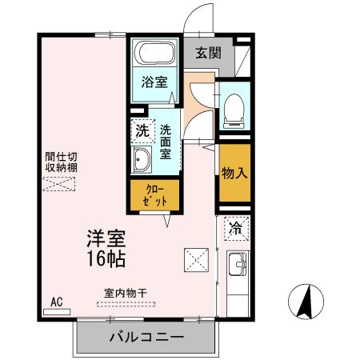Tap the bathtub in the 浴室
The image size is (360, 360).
click(154, 55)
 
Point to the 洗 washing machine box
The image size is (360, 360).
click(142, 130)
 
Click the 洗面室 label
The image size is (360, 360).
click(166, 142)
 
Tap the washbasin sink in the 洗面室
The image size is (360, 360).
click(142, 158)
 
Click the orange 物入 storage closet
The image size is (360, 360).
click(234, 172)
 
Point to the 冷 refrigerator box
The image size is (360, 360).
click(235, 229)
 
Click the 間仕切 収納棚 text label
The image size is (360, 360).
click(61, 162)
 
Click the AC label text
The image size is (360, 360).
click(56, 302)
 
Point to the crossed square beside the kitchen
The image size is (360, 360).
click(195, 258)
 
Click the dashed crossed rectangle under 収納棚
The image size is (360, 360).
click(60, 184)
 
